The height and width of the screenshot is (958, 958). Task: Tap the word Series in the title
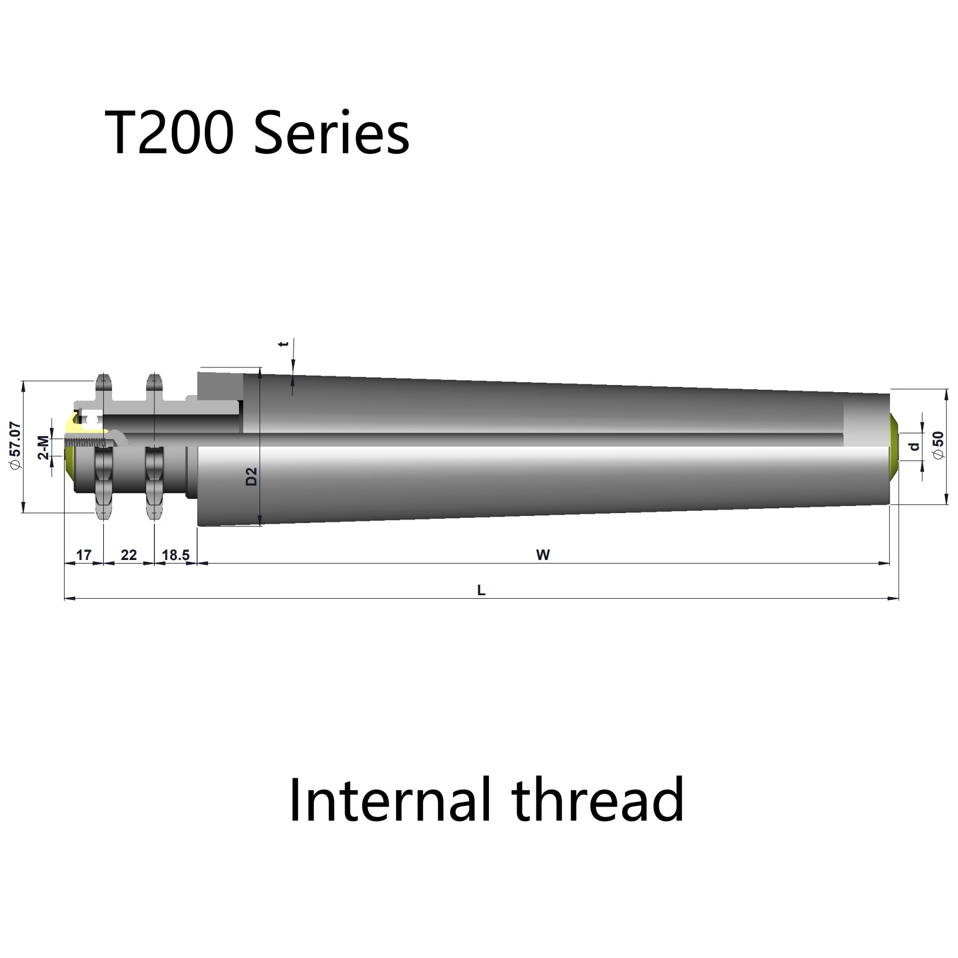332,134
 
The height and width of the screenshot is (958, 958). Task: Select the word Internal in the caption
388,800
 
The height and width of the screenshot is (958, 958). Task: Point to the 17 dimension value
84,555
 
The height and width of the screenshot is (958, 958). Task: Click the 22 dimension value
129,555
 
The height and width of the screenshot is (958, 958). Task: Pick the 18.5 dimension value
176,555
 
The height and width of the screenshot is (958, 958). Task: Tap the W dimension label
543,555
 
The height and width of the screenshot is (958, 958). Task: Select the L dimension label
481,591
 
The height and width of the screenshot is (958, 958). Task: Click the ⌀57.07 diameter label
15,446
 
